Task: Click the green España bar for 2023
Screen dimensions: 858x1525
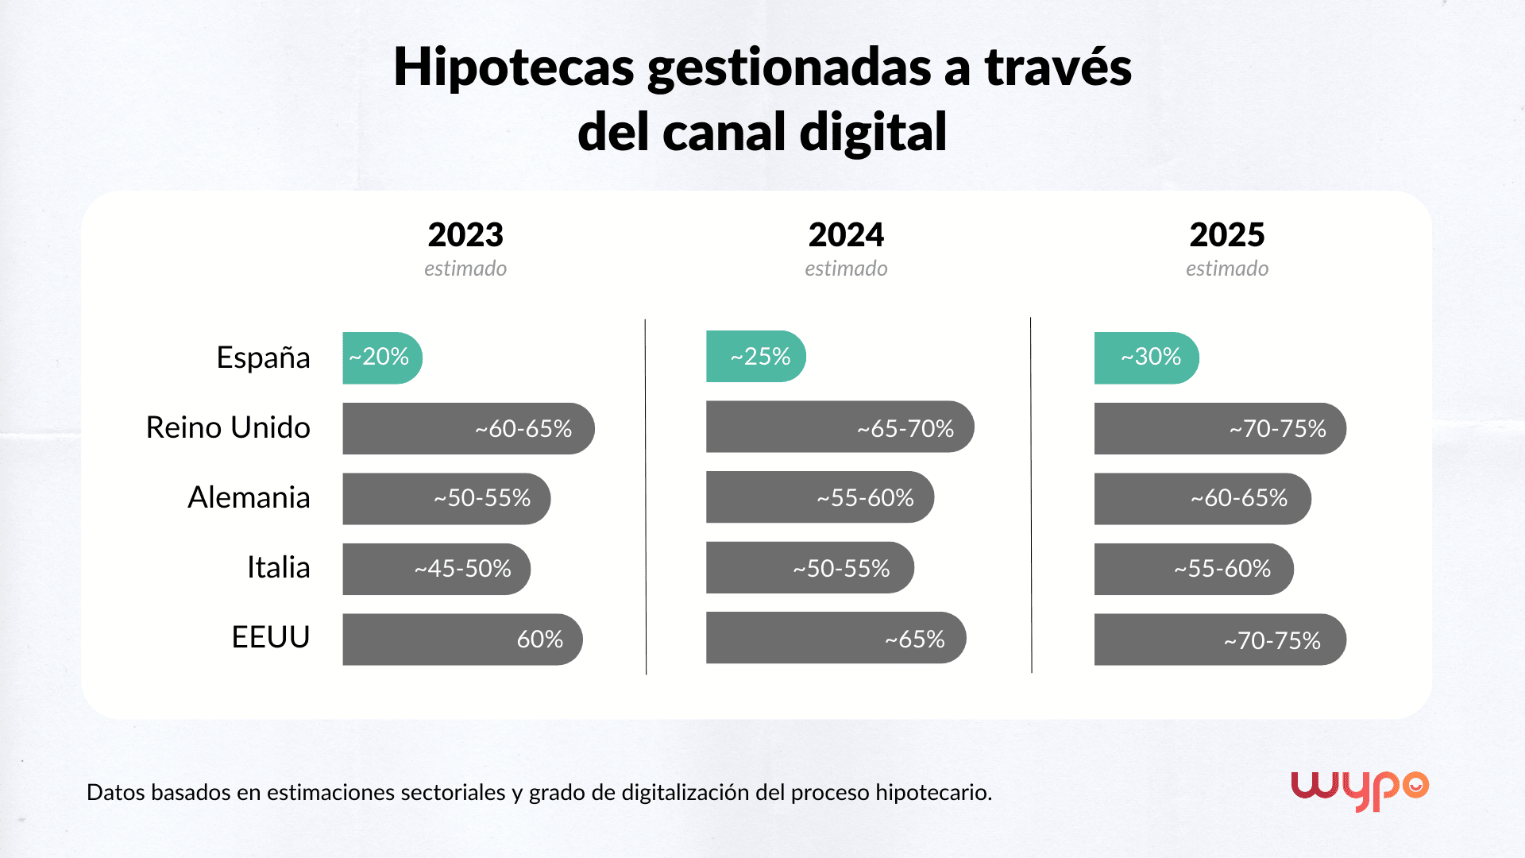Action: coord(382,357)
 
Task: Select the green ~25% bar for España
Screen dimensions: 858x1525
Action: coord(755,356)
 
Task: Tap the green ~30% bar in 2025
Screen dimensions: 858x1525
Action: coord(1146,357)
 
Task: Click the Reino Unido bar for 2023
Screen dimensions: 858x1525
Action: coord(468,428)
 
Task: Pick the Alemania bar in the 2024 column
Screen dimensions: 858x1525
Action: coord(820,497)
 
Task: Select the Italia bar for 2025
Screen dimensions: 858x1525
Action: coord(1193,569)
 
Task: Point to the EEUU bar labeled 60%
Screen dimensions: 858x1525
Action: coord(462,639)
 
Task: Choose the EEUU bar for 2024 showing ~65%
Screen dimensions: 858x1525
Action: coord(836,638)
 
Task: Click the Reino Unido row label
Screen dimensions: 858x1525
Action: coord(228,427)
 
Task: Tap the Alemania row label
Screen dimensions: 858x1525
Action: coord(249,497)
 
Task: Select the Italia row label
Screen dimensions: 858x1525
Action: coord(278,567)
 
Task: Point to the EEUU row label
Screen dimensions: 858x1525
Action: coord(270,637)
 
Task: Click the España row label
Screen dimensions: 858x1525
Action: coord(263,357)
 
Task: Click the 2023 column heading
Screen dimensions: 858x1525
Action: coord(465,235)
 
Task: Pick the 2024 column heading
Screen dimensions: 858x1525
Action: coord(846,235)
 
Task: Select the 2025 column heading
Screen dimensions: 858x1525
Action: coord(1226,235)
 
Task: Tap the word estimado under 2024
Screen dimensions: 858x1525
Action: coord(846,269)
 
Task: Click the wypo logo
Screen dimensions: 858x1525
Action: coord(1359,789)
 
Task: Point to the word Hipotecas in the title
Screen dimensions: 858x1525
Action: coord(513,67)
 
